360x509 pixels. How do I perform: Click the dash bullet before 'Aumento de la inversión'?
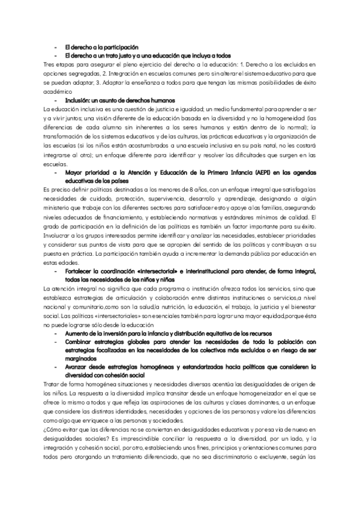click(55, 333)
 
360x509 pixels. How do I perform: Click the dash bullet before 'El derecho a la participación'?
click(55, 46)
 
